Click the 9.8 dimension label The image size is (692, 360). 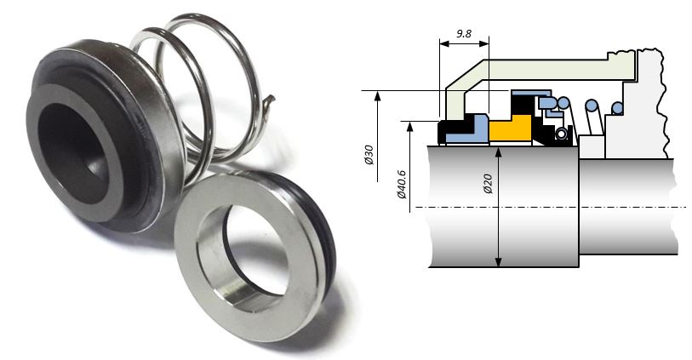(464, 33)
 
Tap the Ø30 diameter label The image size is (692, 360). (369, 155)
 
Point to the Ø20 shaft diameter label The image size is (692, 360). (488, 184)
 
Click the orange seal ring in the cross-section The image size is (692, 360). (511, 129)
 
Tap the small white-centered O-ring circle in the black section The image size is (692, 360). (561, 134)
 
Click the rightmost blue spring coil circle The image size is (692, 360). (617, 107)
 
